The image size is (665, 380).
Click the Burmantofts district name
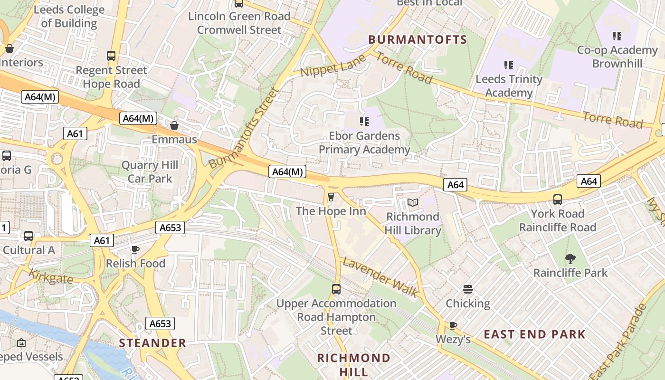418,39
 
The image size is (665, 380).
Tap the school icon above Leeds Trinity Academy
509,65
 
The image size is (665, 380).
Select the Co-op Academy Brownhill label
617,57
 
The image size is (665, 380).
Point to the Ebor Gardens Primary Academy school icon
364,122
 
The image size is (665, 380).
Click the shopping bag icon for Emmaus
174,125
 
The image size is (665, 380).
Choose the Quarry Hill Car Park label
150,172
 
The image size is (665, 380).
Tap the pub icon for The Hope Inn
331,197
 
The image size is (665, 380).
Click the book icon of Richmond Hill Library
413,203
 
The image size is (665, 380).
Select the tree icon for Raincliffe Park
570,259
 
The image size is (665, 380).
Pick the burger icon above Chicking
468,289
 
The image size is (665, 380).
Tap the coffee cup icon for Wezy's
453,325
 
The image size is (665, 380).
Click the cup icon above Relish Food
135,249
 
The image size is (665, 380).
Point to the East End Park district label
534,334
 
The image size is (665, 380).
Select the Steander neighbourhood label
152,343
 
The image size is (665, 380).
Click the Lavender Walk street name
380,277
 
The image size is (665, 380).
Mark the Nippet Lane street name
334,66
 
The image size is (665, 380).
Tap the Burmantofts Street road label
243,127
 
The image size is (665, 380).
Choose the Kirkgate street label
51,276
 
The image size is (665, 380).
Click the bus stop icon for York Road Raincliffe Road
557,199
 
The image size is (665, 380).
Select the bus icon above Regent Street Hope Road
111,56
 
